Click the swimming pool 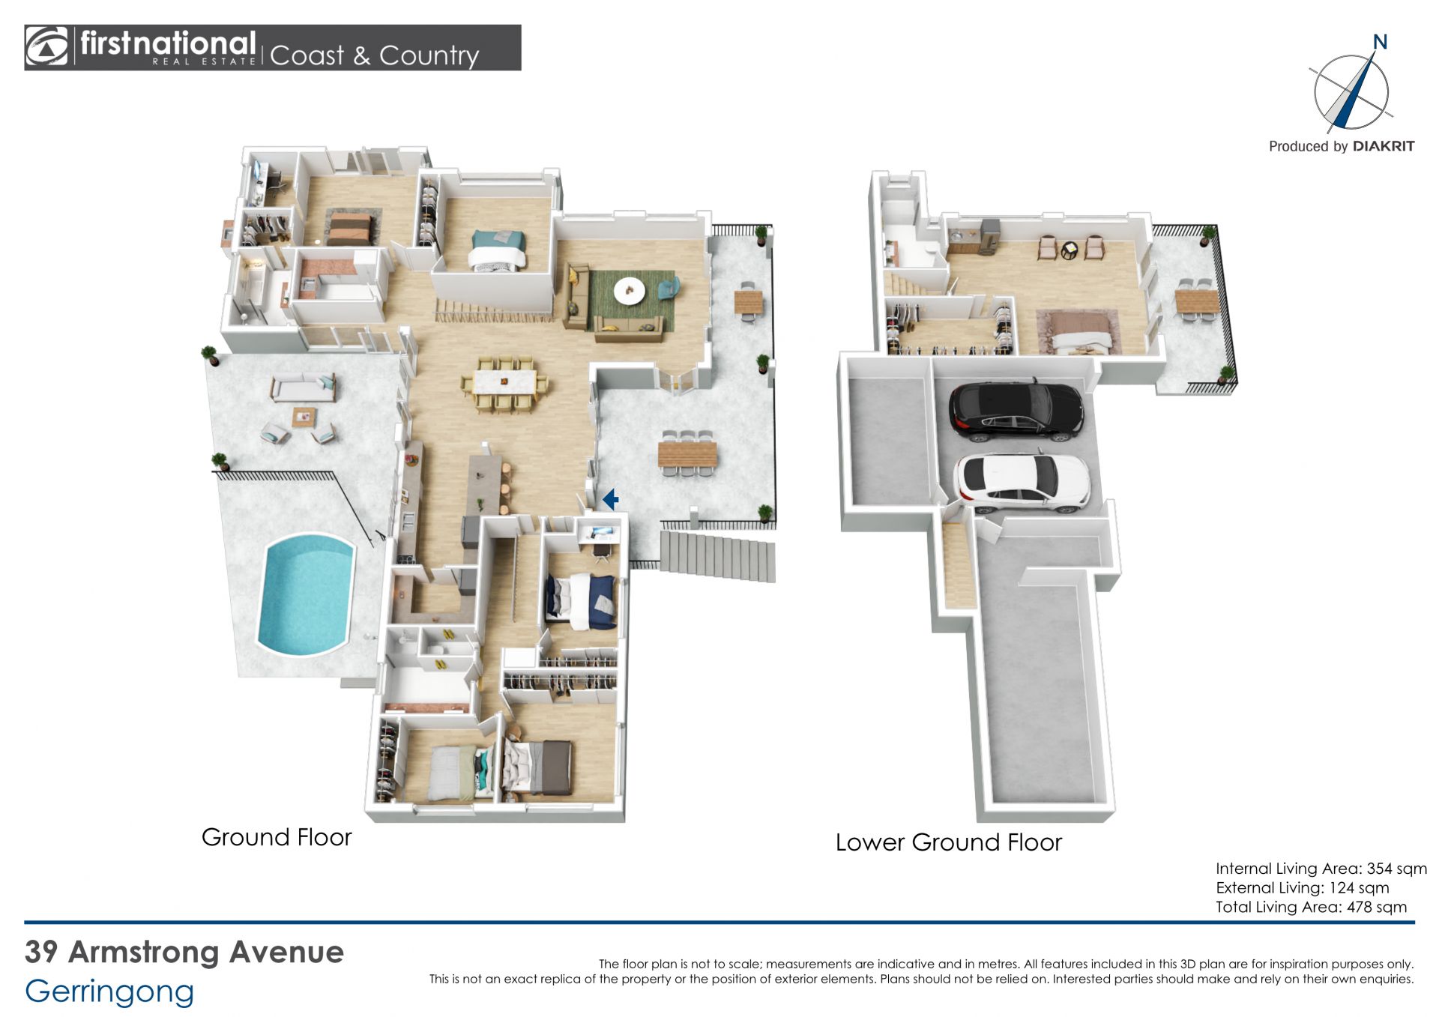tap(306, 594)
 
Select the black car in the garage tap(1016, 411)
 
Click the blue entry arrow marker tap(610, 498)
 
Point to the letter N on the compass tap(1380, 42)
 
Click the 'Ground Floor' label tap(277, 837)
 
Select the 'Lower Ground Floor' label tap(949, 842)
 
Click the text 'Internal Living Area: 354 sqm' tap(1321, 869)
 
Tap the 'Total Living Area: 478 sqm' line tap(1311, 907)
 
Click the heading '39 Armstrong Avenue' tap(184, 952)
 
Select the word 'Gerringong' tap(109, 992)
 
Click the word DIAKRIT tap(1384, 146)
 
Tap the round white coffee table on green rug tap(628, 291)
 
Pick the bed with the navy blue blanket tap(581, 600)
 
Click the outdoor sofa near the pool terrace tap(302, 387)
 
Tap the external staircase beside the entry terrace tap(718, 555)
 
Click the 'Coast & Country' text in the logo tap(374, 55)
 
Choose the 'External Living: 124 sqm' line tap(1303, 888)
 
